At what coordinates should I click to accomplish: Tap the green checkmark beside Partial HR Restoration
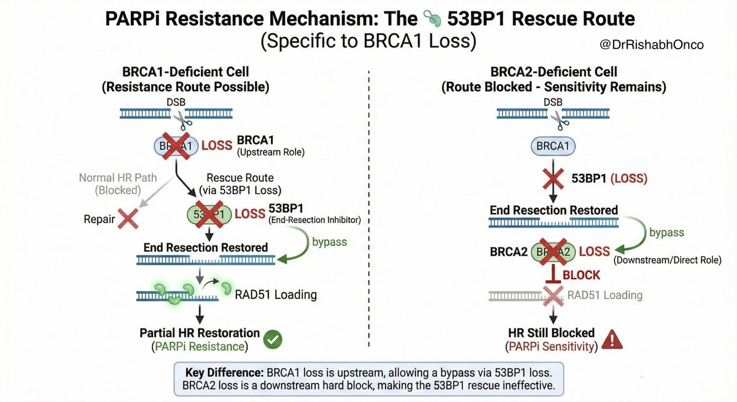[x=271, y=339]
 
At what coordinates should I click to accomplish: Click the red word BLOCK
[x=580, y=275]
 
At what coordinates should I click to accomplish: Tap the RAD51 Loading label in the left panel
[x=276, y=294]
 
